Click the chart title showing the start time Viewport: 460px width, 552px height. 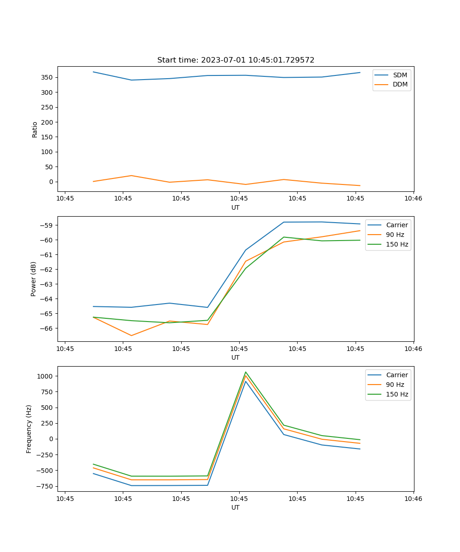[236, 60]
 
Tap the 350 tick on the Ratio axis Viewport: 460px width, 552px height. [48, 77]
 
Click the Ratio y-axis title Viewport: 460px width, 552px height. [35, 129]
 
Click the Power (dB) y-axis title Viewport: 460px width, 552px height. [34, 279]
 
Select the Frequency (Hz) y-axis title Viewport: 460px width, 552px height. [29, 429]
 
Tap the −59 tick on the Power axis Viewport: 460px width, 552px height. [47, 225]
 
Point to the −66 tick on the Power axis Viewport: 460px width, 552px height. [47, 328]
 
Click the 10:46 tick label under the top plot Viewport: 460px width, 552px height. [413, 199]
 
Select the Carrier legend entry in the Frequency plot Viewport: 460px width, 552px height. [397, 375]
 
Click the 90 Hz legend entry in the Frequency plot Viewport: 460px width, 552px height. [395, 385]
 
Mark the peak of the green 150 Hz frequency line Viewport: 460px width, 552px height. [246, 372]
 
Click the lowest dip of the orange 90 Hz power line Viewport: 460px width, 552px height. [132, 335]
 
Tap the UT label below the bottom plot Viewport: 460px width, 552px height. [236, 507]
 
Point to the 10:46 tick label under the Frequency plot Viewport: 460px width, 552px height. [413, 499]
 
